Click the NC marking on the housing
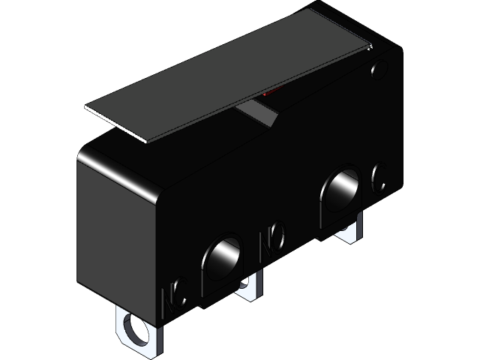(x=174, y=295)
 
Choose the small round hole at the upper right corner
(x=378, y=71)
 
